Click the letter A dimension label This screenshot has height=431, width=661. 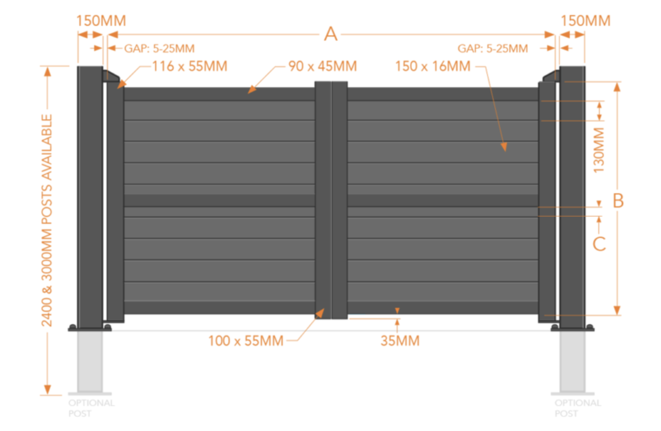click(330, 34)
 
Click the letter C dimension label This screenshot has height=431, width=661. click(599, 244)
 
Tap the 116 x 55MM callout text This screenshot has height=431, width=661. click(190, 66)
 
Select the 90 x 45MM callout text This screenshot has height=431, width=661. click(323, 66)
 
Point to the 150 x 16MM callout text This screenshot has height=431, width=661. click(433, 66)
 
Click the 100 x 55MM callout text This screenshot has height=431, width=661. click(246, 341)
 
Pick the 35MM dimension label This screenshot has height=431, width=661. click(400, 341)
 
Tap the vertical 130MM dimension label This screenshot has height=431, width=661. click(599, 150)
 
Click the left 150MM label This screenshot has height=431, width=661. click(101, 21)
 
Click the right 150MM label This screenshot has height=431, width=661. click(586, 21)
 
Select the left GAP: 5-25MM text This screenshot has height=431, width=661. click(159, 49)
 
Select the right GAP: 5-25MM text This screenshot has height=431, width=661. click(492, 49)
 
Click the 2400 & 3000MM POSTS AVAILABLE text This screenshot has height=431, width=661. click(47, 220)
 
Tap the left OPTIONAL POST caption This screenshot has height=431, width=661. click(92, 408)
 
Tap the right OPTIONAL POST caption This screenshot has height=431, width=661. click(577, 408)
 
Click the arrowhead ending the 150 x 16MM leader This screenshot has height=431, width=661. click(504, 147)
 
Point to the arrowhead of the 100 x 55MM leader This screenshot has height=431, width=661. click(320, 313)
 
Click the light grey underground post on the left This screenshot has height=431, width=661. click(90, 362)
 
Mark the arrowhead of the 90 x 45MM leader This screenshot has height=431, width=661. click(252, 89)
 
